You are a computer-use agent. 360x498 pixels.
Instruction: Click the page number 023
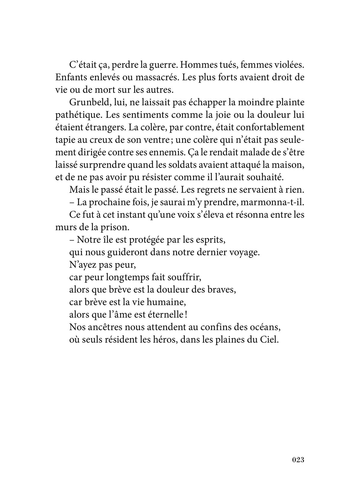(298, 460)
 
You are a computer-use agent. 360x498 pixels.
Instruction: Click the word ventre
(153, 140)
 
